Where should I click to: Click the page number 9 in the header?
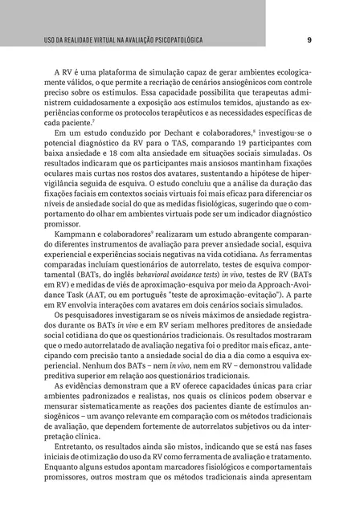pos(309,39)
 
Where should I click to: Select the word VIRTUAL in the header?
pos(100,39)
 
